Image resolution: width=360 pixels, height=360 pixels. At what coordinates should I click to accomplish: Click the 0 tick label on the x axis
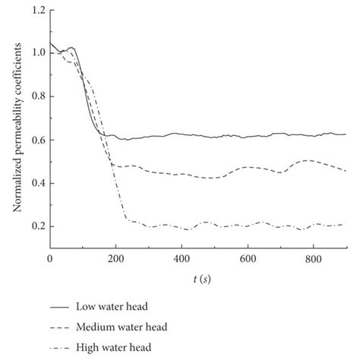click(50, 260)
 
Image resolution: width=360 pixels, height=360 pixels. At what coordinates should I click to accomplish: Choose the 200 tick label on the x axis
click(115, 260)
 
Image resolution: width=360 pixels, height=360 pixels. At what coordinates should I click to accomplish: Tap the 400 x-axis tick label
click(181, 260)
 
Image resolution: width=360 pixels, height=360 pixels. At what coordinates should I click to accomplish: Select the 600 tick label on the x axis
click(246, 260)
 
